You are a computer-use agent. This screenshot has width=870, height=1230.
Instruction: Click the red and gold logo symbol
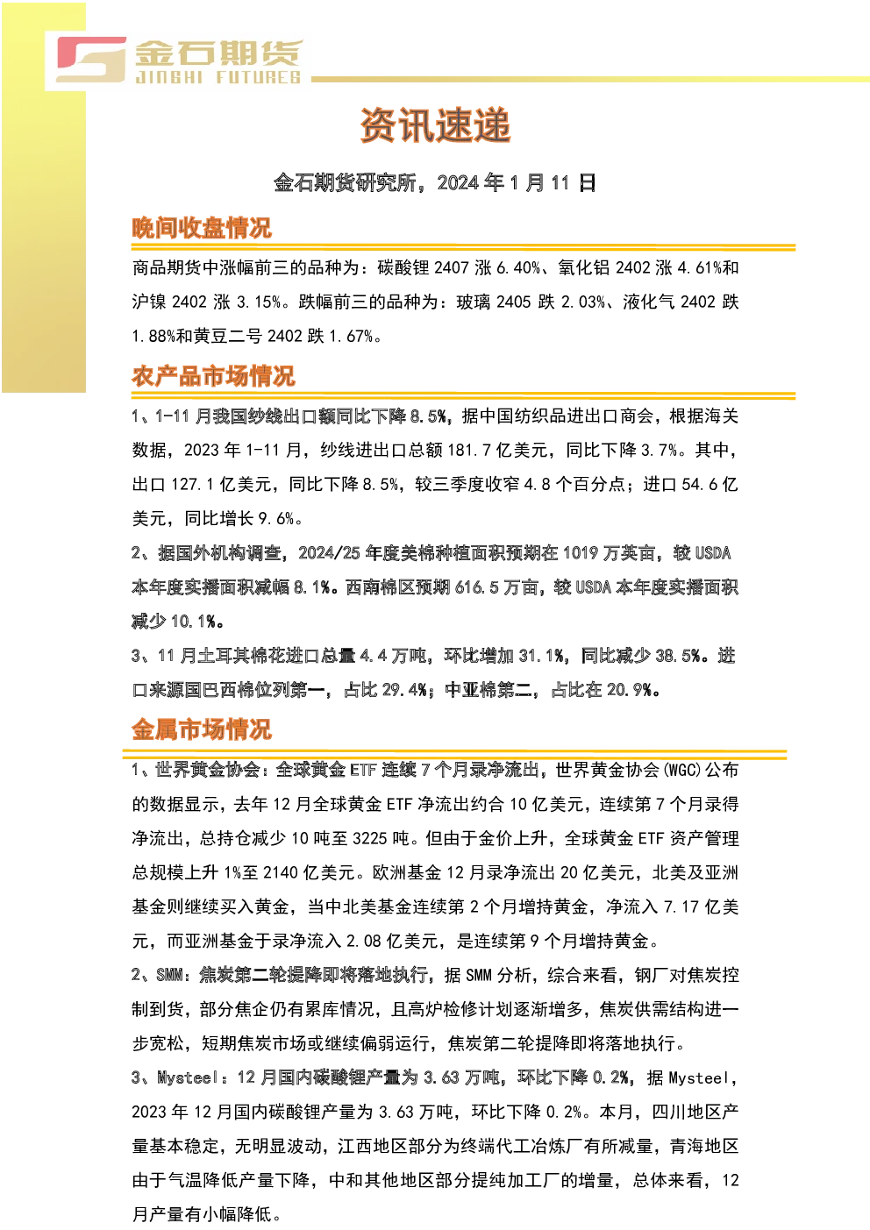coord(91,60)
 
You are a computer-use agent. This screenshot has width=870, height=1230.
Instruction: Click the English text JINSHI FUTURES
coord(218,77)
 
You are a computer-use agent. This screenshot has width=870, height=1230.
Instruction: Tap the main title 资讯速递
coord(435,125)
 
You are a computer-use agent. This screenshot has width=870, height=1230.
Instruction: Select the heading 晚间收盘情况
coord(202,228)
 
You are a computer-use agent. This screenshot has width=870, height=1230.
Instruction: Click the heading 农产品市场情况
coord(213,376)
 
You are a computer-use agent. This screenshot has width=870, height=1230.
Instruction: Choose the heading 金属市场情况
coord(202,729)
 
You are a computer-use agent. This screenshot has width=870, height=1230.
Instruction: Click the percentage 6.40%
coord(518,268)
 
